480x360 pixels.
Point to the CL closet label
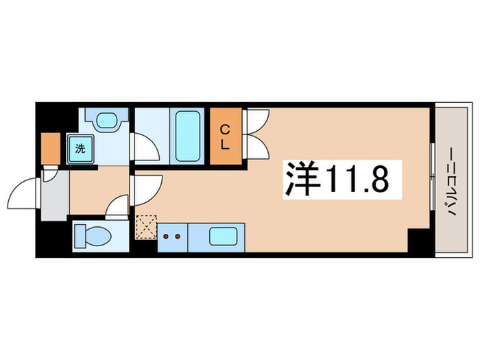pos(225,136)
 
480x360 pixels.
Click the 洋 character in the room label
pos(300,180)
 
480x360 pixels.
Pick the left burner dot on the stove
pos(166,237)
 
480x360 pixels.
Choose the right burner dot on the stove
pos(178,237)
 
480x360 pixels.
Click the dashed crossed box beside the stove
pos(145,228)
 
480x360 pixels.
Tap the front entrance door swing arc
pos(25,193)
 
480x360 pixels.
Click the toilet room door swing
pos(119,206)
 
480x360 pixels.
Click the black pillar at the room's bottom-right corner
pos(418,241)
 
